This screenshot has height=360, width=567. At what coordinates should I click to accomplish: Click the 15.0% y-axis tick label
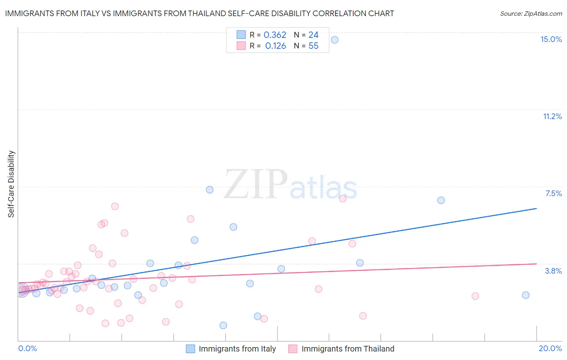(551, 39)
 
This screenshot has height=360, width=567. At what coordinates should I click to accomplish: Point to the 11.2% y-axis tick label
(552, 116)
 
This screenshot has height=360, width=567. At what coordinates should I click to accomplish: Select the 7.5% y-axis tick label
(553, 193)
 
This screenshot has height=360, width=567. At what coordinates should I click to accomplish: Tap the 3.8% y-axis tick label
(553, 271)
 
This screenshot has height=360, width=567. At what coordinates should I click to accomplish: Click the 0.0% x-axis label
(27, 348)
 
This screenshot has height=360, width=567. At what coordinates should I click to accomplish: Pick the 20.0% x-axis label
(550, 348)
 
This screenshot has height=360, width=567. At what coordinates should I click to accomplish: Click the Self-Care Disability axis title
(11, 184)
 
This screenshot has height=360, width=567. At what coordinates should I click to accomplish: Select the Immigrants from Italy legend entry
(237, 349)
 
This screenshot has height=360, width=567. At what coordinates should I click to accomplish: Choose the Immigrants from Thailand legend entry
(348, 349)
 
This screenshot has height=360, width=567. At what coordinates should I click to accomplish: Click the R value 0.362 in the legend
(275, 35)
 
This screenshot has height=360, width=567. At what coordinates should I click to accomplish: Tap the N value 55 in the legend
(313, 46)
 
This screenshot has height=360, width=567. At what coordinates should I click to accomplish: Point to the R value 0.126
(275, 46)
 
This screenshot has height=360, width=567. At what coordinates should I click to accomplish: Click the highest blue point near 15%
(334, 40)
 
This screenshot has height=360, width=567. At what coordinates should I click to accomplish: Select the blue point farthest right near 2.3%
(525, 295)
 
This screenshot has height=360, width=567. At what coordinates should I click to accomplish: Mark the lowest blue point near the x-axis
(223, 325)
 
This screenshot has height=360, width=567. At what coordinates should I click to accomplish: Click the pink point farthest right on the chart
(475, 296)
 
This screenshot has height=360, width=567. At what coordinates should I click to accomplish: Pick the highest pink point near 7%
(343, 199)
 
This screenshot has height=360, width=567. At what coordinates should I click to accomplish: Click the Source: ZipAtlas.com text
(531, 14)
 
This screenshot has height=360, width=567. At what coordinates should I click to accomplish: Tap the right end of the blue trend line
(536, 208)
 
